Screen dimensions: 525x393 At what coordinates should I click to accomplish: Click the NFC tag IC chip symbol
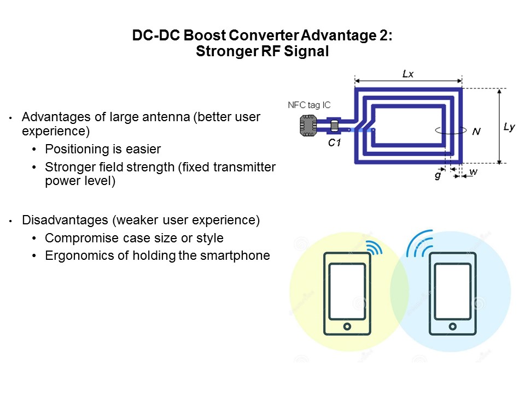pos(308,126)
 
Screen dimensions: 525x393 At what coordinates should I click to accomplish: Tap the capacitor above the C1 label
pos(334,126)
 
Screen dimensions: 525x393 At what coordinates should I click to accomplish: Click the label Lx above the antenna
pos(408,74)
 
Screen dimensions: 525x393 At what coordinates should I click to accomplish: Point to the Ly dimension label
pos(509,127)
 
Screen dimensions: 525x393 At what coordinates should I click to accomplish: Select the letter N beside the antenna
pos(476,132)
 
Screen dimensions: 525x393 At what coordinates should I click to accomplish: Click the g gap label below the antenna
pos(438,175)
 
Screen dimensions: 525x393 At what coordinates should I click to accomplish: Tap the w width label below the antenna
pos(474,172)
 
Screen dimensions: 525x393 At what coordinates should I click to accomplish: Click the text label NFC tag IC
pos(309,105)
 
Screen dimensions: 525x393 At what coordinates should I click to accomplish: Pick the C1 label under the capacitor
pos(334,142)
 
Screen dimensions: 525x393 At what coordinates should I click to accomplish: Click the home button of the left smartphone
pos(347,326)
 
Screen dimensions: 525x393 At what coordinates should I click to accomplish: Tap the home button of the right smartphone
pos(453,326)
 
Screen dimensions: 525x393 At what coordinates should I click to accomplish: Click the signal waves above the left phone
pos(374,247)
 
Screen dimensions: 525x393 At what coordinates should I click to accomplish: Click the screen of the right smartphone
pos(453,291)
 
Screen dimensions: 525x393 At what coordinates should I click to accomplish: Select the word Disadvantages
pos(65,220)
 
